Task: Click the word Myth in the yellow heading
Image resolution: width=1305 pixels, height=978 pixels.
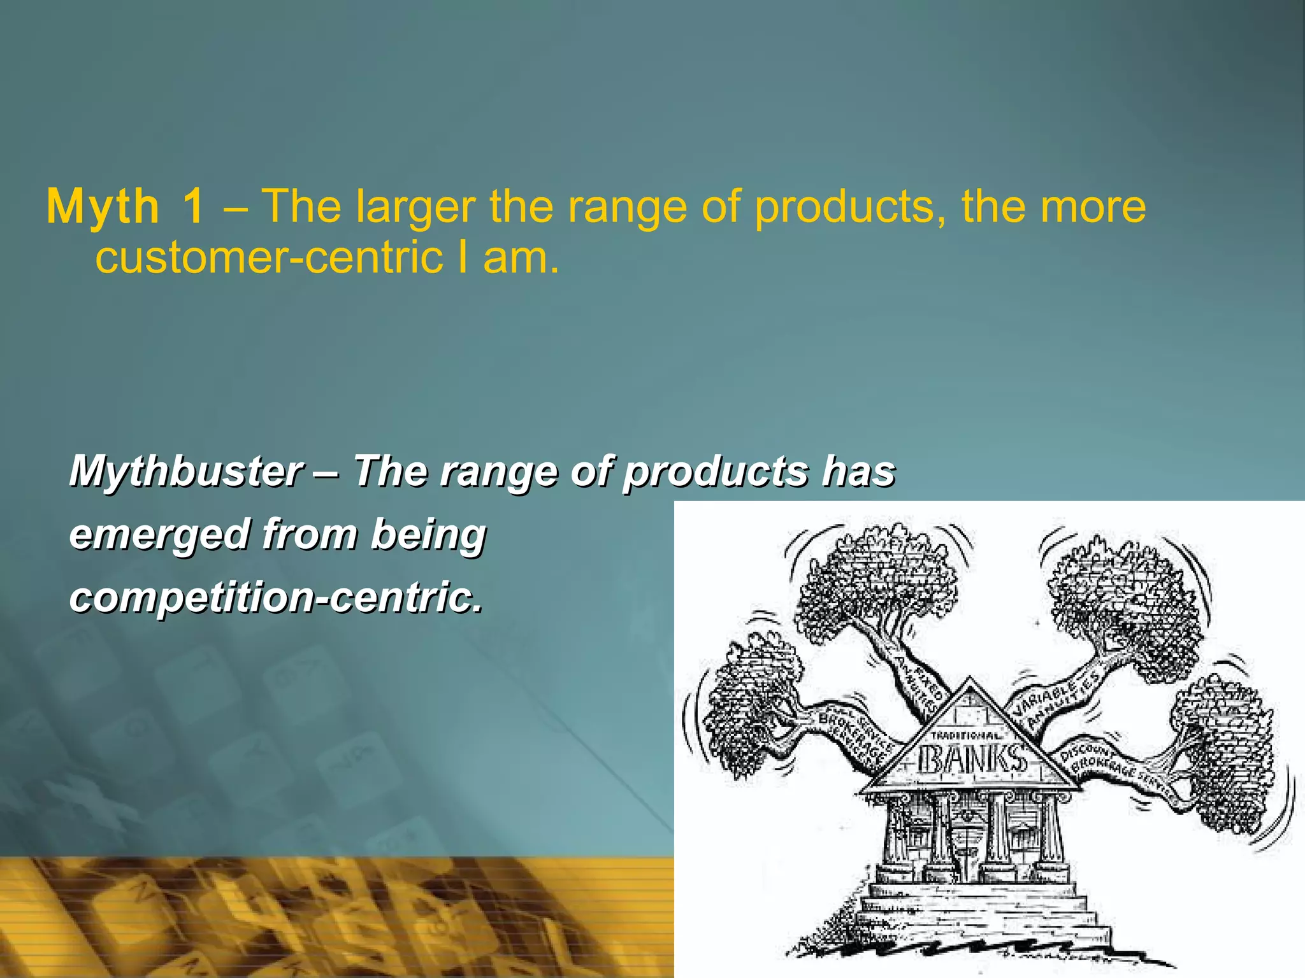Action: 103,207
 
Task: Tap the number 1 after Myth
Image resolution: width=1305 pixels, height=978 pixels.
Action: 193,207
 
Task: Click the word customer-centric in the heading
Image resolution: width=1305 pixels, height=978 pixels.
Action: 269,257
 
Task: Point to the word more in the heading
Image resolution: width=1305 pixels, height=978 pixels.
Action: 1092,207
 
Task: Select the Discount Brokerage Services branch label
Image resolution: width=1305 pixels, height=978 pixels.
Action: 1118,770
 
